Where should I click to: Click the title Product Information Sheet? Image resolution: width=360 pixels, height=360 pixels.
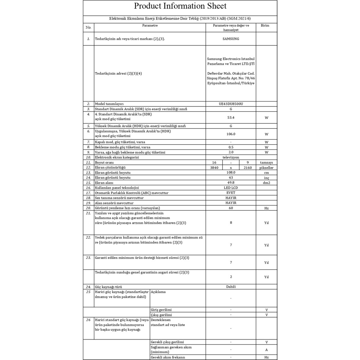pos(180,6)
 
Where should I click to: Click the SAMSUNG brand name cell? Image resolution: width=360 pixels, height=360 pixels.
pos(231,39)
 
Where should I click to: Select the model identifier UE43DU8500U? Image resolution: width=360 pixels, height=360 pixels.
pos(231,104)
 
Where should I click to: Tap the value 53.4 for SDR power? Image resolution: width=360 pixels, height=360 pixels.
pos(231,118)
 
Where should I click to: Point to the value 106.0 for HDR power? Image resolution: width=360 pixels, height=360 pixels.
pos(231,134)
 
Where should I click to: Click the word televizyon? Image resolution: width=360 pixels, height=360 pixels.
pos(231,157)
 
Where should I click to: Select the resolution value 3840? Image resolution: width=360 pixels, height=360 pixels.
pos(214,168)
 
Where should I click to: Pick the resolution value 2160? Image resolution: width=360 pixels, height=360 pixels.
pos(247,168)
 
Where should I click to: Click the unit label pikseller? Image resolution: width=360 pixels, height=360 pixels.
pos(266,168)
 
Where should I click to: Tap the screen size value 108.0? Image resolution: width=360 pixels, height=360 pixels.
pos(231,172)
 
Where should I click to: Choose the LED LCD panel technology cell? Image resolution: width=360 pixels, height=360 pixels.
pos(231,188)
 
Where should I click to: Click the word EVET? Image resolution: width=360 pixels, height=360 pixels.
pos(231,193)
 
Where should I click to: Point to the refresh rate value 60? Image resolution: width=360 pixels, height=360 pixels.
pos(231,208)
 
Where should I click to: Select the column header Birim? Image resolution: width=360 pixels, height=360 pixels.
pos(265,25)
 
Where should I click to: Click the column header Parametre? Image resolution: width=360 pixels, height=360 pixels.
pos(150,25)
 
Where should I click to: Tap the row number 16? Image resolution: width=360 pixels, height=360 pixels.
pos(88,188)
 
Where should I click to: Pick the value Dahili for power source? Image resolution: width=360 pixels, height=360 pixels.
pos(231,287)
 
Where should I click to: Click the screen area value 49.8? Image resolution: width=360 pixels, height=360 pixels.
pos(231,182)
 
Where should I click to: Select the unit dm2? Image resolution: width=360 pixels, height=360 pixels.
pos(266,183)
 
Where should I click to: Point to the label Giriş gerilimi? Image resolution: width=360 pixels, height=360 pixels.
pos(161,310)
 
